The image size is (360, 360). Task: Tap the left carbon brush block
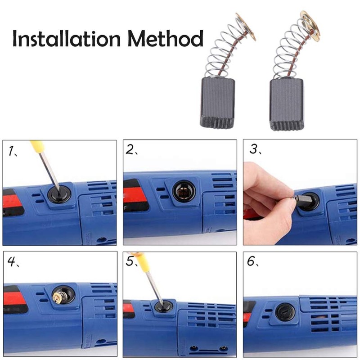217,103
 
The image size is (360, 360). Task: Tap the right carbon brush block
286,104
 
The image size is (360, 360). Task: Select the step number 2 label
132,150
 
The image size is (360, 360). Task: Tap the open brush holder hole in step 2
184,191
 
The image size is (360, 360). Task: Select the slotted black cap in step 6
285,312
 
